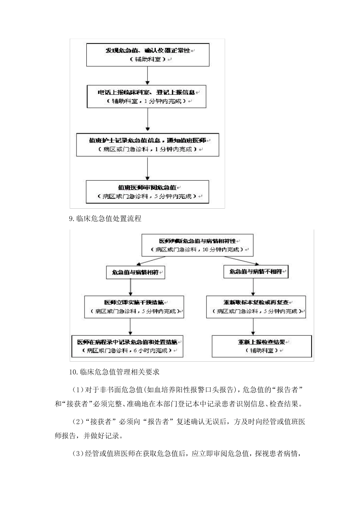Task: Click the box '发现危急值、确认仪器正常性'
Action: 148,55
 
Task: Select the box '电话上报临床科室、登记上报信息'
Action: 147,97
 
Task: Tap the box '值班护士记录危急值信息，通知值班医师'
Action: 147,145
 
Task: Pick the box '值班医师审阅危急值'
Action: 147,192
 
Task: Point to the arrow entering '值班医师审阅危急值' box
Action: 147,168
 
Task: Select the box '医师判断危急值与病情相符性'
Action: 197,245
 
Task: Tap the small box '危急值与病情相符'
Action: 135,272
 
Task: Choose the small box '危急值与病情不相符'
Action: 256,272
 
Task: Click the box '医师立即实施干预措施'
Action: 134,307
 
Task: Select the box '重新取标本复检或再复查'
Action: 256,307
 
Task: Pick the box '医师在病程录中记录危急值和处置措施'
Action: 127,346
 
